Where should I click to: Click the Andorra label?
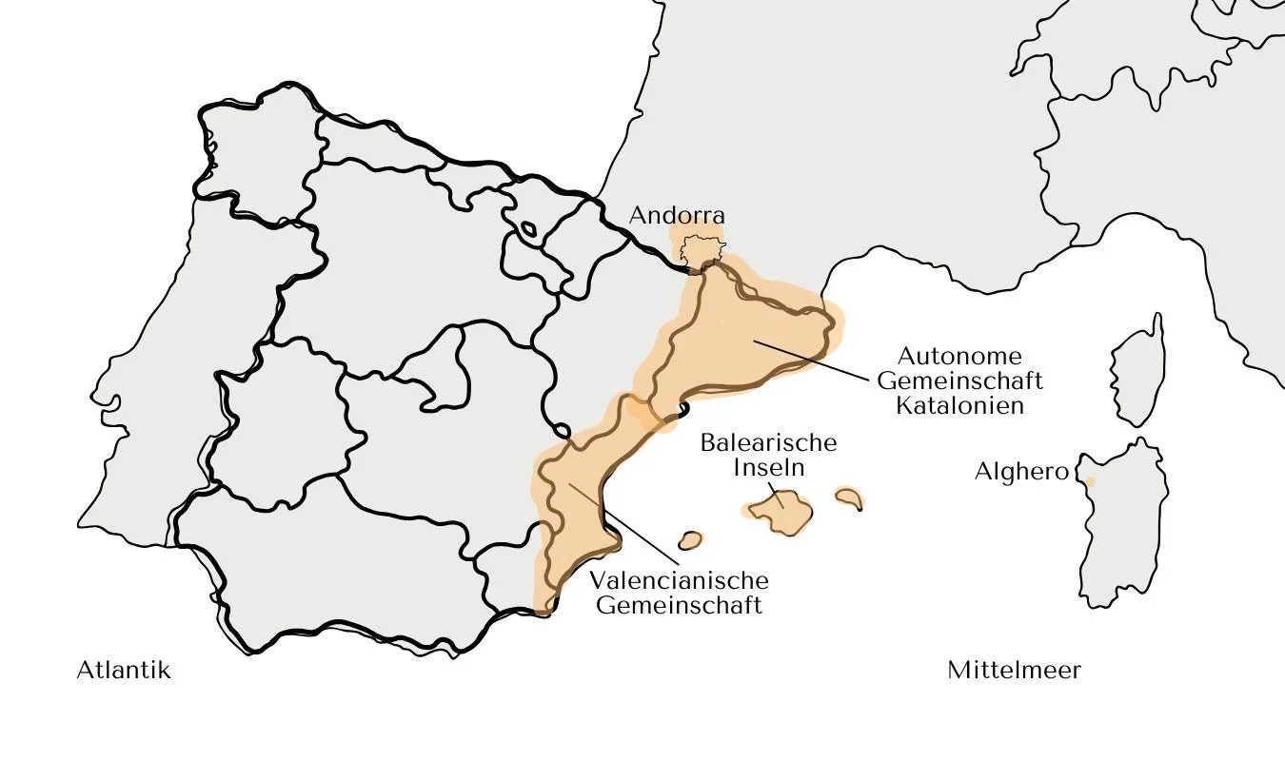point(677,216)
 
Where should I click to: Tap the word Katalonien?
point(959,405)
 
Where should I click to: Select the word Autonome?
point(959,357)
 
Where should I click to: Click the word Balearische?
point(768,443)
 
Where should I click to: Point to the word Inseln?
point(768,467)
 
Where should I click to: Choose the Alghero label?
point(1020,472)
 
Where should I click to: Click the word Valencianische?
point(679,580)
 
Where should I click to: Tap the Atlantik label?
point(124,670)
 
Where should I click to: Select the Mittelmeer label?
point(1014,670)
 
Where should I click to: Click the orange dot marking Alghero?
point(1090,481)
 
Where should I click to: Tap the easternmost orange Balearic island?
point(848,498)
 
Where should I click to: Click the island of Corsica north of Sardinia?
point(1138,371)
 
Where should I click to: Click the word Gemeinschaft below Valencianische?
point(679,605)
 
